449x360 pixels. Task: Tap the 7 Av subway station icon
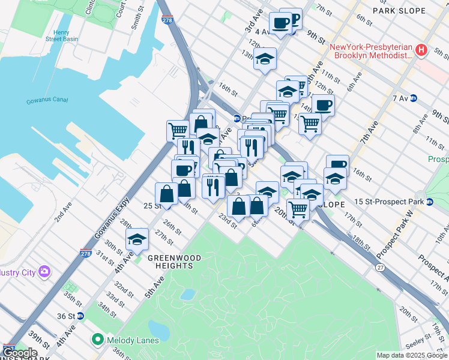point(414,98)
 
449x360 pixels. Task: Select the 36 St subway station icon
point(80,316)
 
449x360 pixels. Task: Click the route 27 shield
point(380,266)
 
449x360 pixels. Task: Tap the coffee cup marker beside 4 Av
point(280,23)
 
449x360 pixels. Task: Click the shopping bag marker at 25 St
point(166,193)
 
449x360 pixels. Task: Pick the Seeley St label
point(415,338)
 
